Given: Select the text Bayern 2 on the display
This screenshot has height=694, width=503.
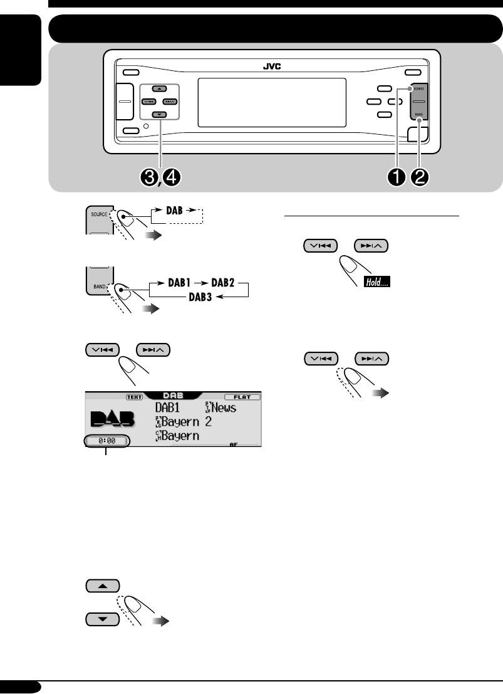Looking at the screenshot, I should pyautogui.click(x=187, y=421).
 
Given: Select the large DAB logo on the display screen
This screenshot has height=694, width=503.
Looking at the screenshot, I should pyautogui.click(x=115, y=421).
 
